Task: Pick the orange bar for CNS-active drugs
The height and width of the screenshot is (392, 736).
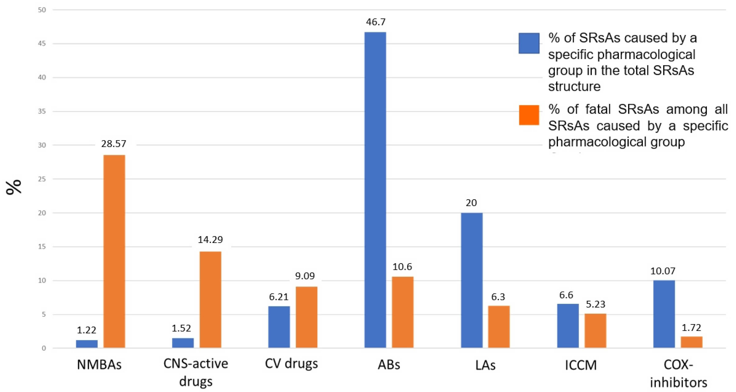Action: click(x=210, y=299)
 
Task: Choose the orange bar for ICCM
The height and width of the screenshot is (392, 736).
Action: click(x=595, y=331)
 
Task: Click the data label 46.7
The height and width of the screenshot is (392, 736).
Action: click(x=375, y=22)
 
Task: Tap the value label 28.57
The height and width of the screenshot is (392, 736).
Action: click(x=114, y=143)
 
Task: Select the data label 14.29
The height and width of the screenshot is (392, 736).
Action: click(x=210, y=239)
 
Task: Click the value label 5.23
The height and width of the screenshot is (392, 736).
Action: click(x=595, y=304)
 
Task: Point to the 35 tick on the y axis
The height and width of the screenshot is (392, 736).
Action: click(x=42, y=111)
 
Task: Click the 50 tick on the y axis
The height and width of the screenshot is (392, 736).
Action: click(x=42, y=10)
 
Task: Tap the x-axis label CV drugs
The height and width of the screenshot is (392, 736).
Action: click(x=291, y=364)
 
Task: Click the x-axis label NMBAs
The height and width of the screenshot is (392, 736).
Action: click(x=99, y=365)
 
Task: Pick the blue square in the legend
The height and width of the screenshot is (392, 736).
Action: click(x=529, y=43)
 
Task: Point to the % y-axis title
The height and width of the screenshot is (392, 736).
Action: click(x=14, y=187)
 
